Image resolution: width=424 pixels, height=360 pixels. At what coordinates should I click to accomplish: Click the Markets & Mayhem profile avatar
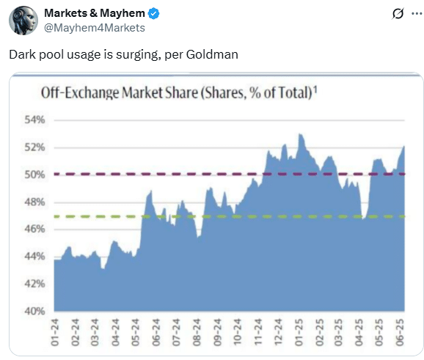click(23, 21)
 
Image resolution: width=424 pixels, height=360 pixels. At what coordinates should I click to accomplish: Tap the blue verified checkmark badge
click(154, 13)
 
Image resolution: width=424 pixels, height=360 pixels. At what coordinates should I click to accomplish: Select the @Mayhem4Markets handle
click(95, 28)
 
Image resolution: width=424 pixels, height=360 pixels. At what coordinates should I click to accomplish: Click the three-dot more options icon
click(417, 13)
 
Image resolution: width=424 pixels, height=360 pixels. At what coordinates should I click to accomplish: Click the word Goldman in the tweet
click(212, 54)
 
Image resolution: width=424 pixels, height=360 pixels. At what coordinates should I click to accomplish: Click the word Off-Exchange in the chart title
click(80, 92)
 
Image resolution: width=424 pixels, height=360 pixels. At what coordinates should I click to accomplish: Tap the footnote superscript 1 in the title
click(315, 89)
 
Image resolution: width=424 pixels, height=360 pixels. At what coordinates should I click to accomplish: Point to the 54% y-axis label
click(34, 120)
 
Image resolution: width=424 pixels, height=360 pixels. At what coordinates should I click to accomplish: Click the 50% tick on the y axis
click(34, 175)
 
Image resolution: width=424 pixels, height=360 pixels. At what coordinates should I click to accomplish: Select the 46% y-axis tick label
click(34, 229)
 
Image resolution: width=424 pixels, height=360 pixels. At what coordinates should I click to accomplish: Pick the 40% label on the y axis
click(34, 311)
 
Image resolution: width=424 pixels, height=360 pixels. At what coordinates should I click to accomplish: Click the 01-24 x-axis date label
click(54, 332)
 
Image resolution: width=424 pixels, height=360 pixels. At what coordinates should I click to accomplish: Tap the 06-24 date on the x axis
click(156, 332)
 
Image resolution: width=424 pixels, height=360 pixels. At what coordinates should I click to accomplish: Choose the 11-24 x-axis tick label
click(258, 332)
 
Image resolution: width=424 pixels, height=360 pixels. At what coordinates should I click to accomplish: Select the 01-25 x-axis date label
click(299, 332)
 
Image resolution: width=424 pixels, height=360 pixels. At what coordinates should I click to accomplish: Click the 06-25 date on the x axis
click(400, 332)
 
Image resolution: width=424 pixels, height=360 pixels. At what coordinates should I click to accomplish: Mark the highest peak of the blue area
click(299, 134)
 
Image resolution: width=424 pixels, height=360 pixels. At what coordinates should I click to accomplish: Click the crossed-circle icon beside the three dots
click(398, 13)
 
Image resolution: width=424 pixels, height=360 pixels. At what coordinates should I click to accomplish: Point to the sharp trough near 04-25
click(363, 218)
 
